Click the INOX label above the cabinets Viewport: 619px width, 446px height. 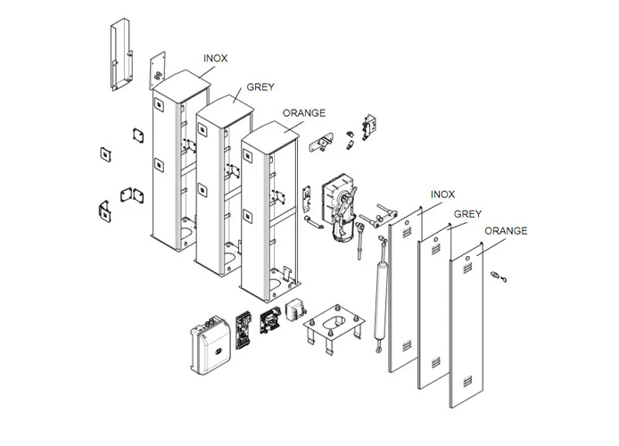click(x=215, y=58)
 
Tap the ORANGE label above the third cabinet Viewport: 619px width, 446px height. click(x=303, y=114)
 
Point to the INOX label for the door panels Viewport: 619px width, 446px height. click(x=442, y=194)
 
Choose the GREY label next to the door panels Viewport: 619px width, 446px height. click(x=468, y=214)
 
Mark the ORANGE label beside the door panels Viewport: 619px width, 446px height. click(x=506, y=231)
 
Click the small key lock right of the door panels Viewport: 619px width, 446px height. click(x=497, y=277)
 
